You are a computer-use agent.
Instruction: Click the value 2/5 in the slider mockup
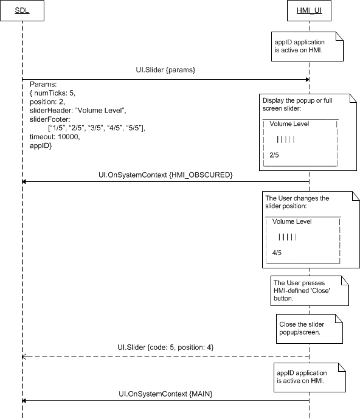[x=274, y=155]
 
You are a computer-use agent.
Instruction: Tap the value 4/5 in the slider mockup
[x=277, y=253]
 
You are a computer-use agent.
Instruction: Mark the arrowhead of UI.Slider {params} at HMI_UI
[x=307, y=79]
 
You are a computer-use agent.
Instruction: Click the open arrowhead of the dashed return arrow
[x=24, y=356]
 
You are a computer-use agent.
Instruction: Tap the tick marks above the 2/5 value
[x=286, y=139]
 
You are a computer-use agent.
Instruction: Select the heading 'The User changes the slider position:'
[x=297, y=202]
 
